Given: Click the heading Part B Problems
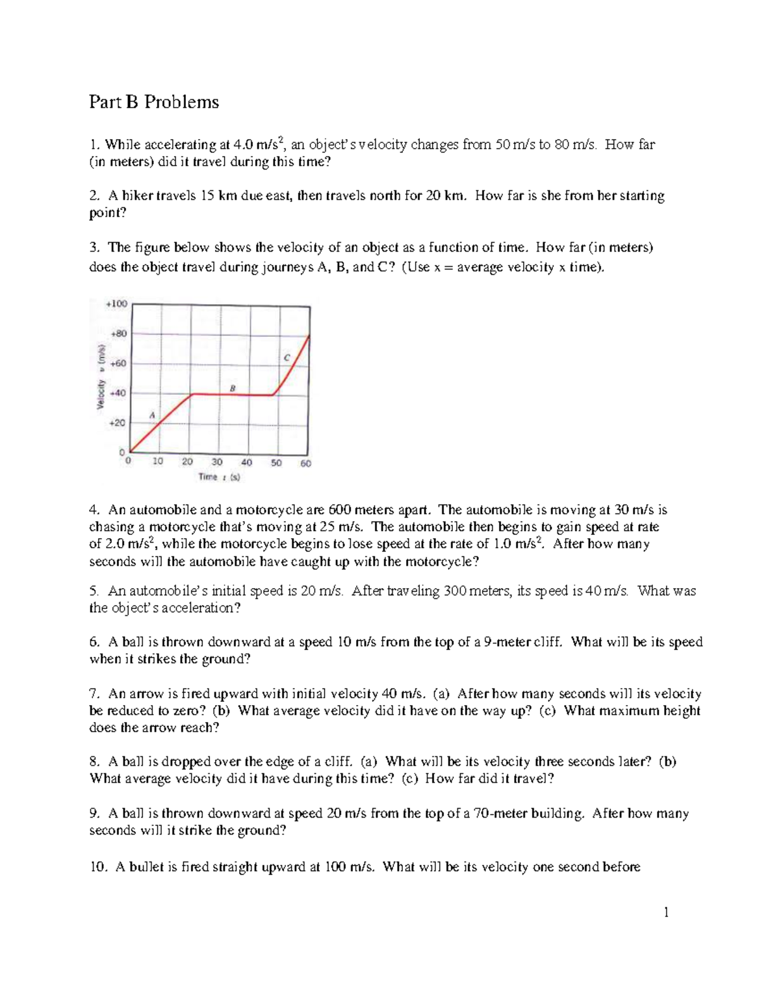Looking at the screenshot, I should [x=154, y=102].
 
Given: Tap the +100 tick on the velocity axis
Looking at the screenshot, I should [x=116, y=304].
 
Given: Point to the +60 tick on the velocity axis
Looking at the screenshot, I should [x=118, y=364].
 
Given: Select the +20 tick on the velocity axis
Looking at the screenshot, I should [x=118, y=422].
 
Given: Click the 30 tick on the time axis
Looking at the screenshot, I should [x=217, y=462].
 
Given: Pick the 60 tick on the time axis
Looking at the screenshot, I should [x=305, y=463].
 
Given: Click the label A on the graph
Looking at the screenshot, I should [x=152, y=415].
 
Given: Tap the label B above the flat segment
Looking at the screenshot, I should [x=232, y=388].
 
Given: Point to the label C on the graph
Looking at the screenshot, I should [x=287, y=357].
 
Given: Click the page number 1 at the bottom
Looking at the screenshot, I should [x=666, y=912].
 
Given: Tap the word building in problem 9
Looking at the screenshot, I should [x=557, y=814].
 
